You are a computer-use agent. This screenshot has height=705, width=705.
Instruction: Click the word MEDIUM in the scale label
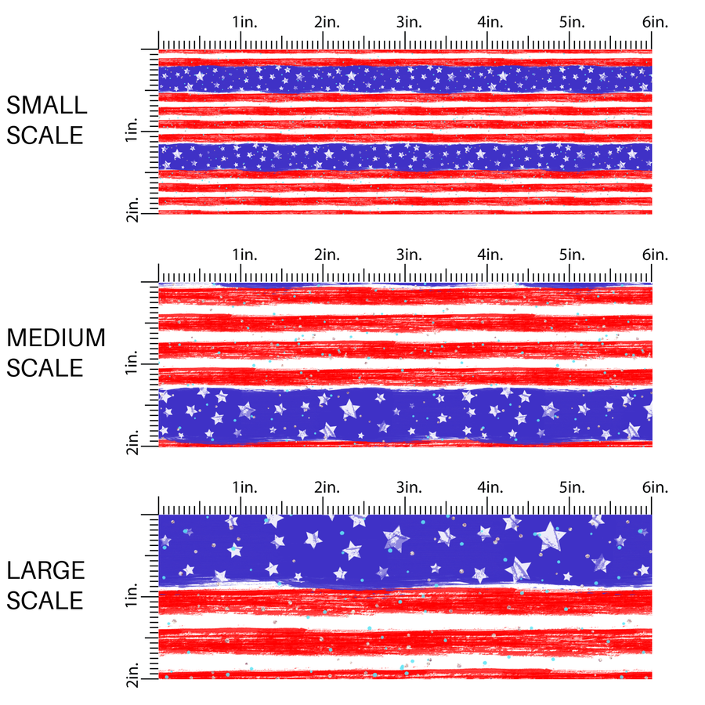[56, 338]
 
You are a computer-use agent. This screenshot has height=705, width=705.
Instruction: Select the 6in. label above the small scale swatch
[655, 23]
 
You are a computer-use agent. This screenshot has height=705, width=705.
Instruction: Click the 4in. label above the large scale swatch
[491, 487]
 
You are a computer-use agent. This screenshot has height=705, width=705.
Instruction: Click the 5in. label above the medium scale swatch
[573, 255]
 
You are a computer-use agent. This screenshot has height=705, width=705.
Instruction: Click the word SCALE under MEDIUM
[45, 368]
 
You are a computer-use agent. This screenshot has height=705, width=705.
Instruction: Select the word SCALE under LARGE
[45, 601]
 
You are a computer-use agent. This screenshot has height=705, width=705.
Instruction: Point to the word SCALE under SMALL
[45, 136]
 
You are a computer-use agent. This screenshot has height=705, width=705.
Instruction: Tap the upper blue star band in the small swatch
[405, 79]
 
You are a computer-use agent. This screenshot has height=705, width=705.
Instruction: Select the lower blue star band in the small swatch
[405, 156]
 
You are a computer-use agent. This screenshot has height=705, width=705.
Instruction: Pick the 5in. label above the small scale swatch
[573, 23]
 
